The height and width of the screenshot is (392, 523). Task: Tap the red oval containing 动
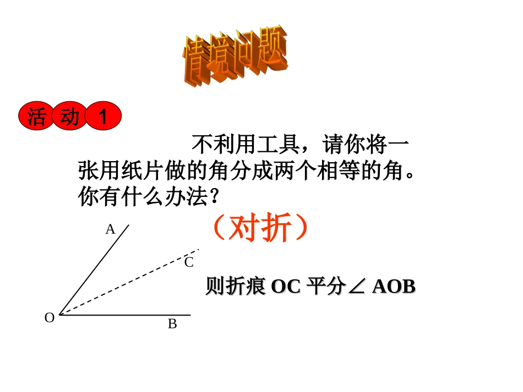click(69, 117)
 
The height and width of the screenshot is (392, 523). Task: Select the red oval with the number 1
click(103, 117)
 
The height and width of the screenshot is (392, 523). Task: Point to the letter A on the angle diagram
click(110, 229)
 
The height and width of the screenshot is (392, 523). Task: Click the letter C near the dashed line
click(189, 262)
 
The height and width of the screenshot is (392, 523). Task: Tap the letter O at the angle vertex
click(50, 318)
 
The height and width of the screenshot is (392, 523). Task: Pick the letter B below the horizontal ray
click(172, 324)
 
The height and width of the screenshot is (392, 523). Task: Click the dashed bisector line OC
click(132, 281)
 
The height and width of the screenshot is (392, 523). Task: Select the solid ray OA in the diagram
click(94, 270)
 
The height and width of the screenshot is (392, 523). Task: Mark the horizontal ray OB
click(127, 315)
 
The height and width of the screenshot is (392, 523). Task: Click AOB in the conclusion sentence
click(394, 286)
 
